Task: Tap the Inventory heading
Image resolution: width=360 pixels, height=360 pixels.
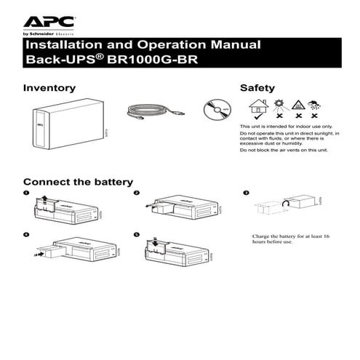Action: (49, 87)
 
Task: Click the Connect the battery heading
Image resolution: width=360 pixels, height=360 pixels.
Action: (78, 181)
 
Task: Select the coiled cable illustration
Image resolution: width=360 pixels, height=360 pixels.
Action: (153, 110)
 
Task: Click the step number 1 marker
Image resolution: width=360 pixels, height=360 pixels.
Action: (26, 193)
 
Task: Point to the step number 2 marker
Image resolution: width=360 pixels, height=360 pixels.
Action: (136, 193)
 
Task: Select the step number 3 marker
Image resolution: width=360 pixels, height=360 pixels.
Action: (246, 193)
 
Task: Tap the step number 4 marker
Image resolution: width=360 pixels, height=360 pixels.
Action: (26, 236)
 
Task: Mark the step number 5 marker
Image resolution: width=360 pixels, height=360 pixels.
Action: (136, 236)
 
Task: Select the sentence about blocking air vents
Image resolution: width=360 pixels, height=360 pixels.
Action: (284, 149)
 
